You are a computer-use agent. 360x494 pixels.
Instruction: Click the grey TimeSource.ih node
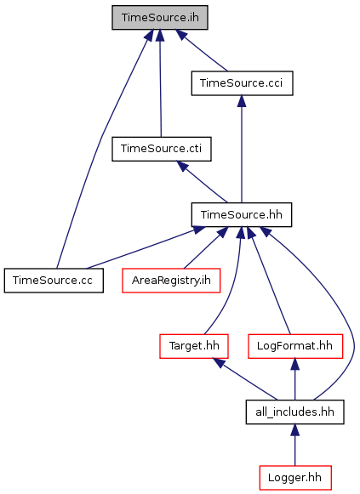tap(160, 18)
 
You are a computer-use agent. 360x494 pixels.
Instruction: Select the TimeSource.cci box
tap(242, 83)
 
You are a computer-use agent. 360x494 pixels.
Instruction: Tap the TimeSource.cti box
tap(162, 149)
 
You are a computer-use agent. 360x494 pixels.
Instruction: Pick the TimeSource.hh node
tap(242, 214)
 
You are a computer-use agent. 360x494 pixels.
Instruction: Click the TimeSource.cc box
tap(54, 281)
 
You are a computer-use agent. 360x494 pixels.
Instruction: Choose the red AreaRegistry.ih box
tap(171, 281)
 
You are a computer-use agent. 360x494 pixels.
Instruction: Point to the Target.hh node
tap(194, 346)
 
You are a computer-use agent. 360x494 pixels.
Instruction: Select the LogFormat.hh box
tap(295, 346)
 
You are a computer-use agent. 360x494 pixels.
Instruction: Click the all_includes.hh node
tap(294, 412)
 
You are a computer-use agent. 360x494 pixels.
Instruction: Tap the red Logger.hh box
tap(295, 478)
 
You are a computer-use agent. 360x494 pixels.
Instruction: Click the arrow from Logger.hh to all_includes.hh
tap(295, 445)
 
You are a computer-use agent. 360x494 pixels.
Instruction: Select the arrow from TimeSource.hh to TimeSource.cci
tap(242, 149)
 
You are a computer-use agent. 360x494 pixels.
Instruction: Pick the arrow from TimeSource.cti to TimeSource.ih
tap(160, 83)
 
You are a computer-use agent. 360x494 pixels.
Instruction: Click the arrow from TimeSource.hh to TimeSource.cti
tap(202, 182)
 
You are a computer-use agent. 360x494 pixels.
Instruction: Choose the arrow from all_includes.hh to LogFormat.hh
tap(295, 379)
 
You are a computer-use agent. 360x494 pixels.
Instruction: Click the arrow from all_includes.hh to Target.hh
tap(245, 379)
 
